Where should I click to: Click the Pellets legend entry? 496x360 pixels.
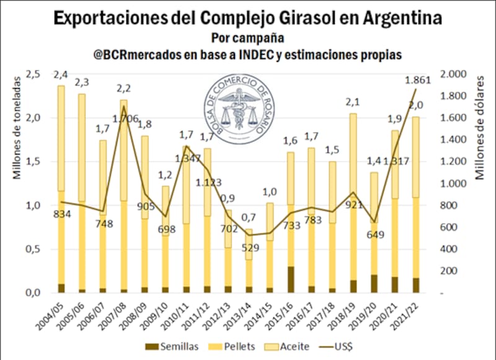232,348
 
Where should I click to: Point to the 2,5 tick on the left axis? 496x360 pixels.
32,74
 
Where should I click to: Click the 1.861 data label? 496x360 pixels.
418,80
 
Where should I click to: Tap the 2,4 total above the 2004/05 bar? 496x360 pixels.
61,76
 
